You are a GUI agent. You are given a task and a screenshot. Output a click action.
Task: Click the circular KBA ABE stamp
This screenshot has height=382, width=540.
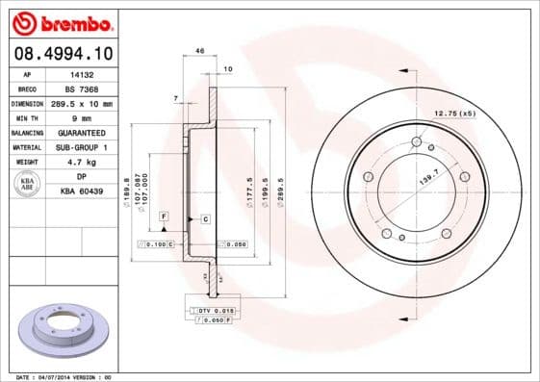(29, 184)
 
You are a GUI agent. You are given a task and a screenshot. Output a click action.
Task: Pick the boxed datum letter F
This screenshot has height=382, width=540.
(165, 216)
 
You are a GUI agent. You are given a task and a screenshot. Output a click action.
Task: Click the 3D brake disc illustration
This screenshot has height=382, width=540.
(64, 333)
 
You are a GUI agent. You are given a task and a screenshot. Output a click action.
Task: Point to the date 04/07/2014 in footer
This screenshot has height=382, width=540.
(62, 377)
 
